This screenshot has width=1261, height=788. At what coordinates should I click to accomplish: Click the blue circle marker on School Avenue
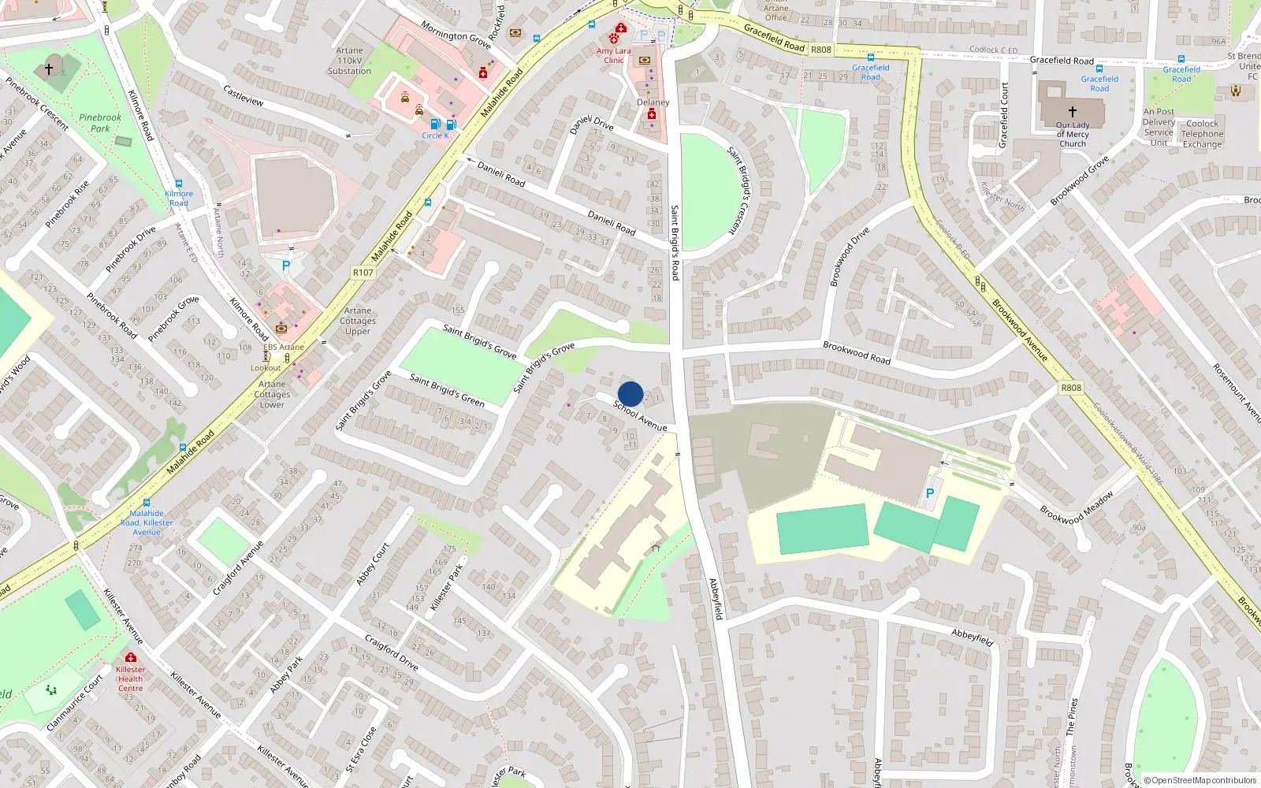click(630, 394)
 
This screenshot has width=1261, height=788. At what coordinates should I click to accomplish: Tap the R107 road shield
click(363, 273)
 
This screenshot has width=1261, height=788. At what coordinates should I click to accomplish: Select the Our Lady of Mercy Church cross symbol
click(1072, 112)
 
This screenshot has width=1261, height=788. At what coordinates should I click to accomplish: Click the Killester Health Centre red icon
click(131, 657)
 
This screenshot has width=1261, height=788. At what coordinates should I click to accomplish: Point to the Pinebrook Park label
click(100, 123)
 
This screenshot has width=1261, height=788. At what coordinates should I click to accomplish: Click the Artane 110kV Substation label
click(349, 61)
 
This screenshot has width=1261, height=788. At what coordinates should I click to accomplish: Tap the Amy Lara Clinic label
click(613, 55)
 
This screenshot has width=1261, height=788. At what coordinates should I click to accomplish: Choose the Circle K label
click(435, 136)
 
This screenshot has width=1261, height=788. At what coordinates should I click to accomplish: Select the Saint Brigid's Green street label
click(447, 390)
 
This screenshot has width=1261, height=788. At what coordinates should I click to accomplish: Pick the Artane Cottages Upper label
click(358, 321)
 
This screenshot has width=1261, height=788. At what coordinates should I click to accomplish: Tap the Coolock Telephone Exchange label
click(1202, 134)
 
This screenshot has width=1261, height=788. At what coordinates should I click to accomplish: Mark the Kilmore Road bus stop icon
click(179, 184)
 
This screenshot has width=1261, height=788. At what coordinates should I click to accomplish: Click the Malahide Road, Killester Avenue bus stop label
click(147, 522)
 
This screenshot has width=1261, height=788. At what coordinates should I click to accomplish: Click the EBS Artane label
click(283, 347)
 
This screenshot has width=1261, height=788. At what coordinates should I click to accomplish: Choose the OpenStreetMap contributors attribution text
click(1203, 780)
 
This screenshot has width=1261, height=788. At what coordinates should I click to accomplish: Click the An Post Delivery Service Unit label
click(1159, 127)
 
